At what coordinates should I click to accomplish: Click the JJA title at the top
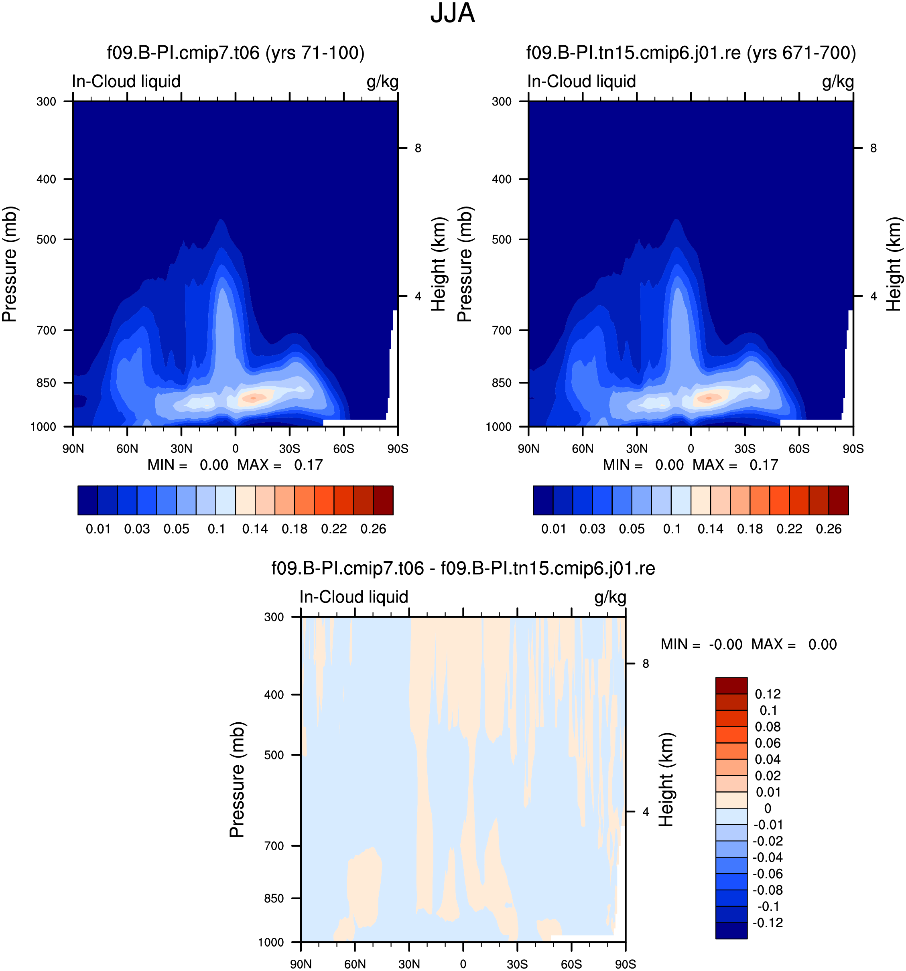(453, 13)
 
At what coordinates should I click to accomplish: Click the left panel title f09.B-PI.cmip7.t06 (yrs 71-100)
(236, 53)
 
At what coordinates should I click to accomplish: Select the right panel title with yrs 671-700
(691, 53)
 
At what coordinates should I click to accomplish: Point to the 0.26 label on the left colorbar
(373, 529)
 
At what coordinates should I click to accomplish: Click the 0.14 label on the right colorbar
(711, 529)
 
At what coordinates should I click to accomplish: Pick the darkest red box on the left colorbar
(383, 500)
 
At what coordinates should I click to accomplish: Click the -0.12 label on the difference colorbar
(768, 922)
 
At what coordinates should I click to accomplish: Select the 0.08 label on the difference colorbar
(768, 727)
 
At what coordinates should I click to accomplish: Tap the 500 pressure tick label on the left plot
(47, 239)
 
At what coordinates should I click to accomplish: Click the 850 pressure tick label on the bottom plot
(274, 898)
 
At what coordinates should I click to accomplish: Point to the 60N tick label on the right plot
(583, 448)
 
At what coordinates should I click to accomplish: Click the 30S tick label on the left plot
(290, 448)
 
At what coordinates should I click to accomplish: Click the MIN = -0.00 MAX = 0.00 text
(749, 644)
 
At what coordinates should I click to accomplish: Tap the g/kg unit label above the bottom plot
(610, 597)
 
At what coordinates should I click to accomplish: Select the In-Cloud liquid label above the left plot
(126, 81)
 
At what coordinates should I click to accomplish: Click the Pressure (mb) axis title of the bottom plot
(237, 780)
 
